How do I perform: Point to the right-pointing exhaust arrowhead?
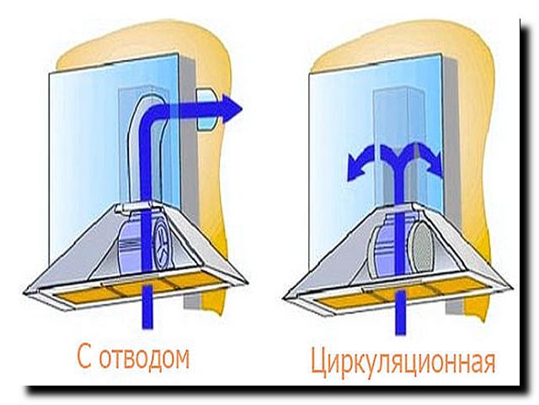point(231,107)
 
